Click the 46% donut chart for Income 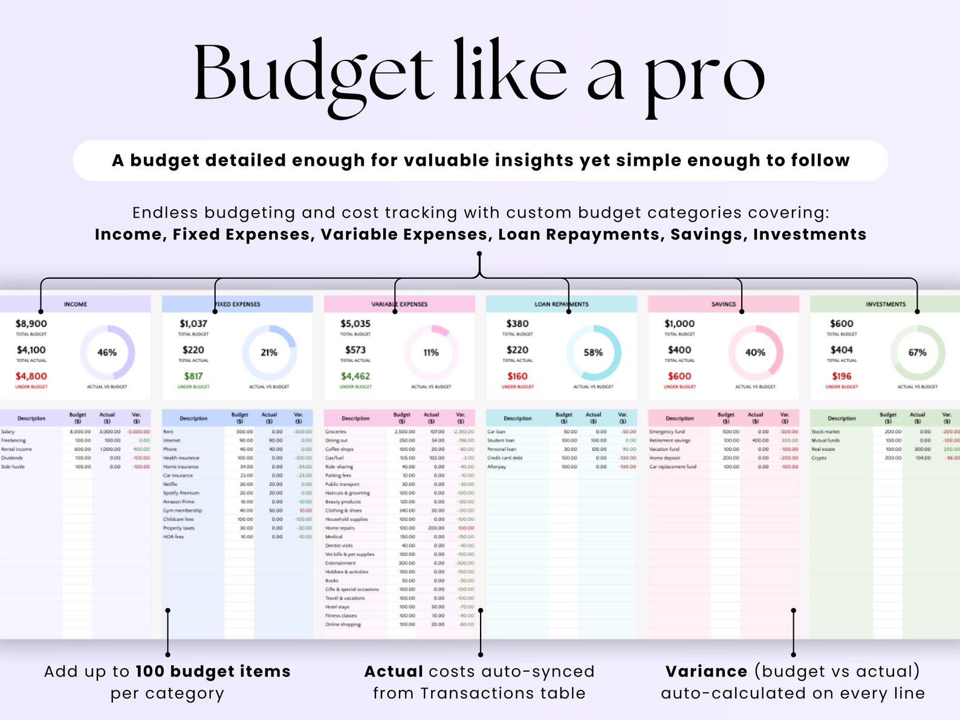coord(107,352)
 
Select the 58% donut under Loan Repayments coord(593,352)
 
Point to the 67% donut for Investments coord(917,352)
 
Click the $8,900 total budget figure coord(31,324)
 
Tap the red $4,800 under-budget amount coord(31,376)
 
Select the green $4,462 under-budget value coord(355,376)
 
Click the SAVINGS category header coord(724,304)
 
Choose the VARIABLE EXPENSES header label coord(399,304)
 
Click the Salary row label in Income coord(8,432)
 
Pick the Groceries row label coord(336,432)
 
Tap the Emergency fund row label coord(667,432)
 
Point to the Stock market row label coord(825,432)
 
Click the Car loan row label coord(496,432)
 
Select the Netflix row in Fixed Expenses coord(170,484)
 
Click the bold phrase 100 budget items coord(213,672)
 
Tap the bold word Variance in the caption coord(706,672)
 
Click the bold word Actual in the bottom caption coord(394,672)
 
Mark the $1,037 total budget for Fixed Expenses coord(193,324)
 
